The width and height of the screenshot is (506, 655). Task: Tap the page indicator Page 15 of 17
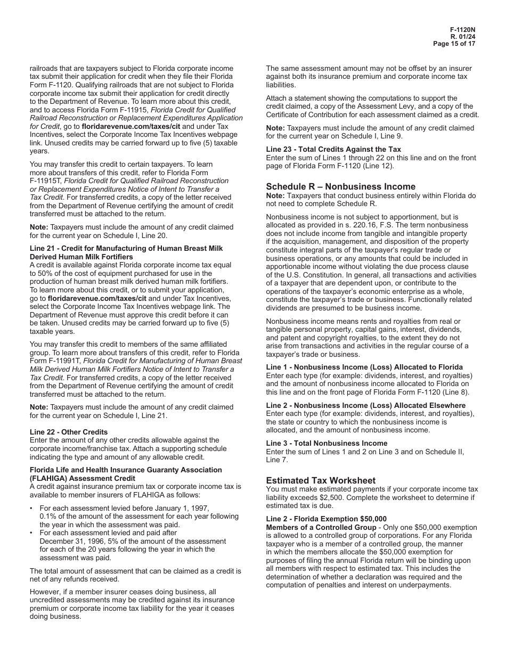454,44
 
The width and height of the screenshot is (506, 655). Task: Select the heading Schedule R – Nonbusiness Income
340,186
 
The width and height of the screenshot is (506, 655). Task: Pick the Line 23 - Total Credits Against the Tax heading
333,149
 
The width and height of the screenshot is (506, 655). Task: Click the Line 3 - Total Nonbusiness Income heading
327,443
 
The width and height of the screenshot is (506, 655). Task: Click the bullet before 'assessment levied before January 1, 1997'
32,508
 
